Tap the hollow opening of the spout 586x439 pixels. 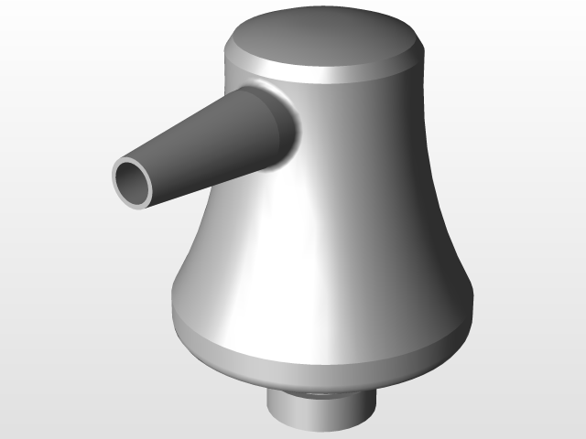click(x=134, y=180)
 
